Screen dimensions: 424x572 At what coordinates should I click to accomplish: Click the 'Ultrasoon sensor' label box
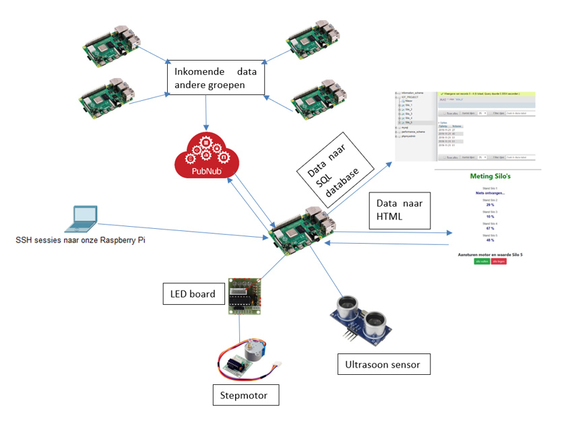tap(383, 365)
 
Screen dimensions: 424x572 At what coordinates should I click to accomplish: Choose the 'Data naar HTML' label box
tap(398, 210)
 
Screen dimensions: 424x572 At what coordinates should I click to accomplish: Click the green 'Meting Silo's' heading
tap(490, 177)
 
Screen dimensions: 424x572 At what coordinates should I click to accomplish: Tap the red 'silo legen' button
tap(498, 262)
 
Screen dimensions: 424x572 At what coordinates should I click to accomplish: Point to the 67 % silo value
tap(490, 229)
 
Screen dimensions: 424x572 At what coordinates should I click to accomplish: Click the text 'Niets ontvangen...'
tap(490, 192)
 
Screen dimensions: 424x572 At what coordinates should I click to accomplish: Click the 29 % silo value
tap(490, 204)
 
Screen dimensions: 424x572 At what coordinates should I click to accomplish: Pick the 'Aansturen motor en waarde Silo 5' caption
tap(490, 254)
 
